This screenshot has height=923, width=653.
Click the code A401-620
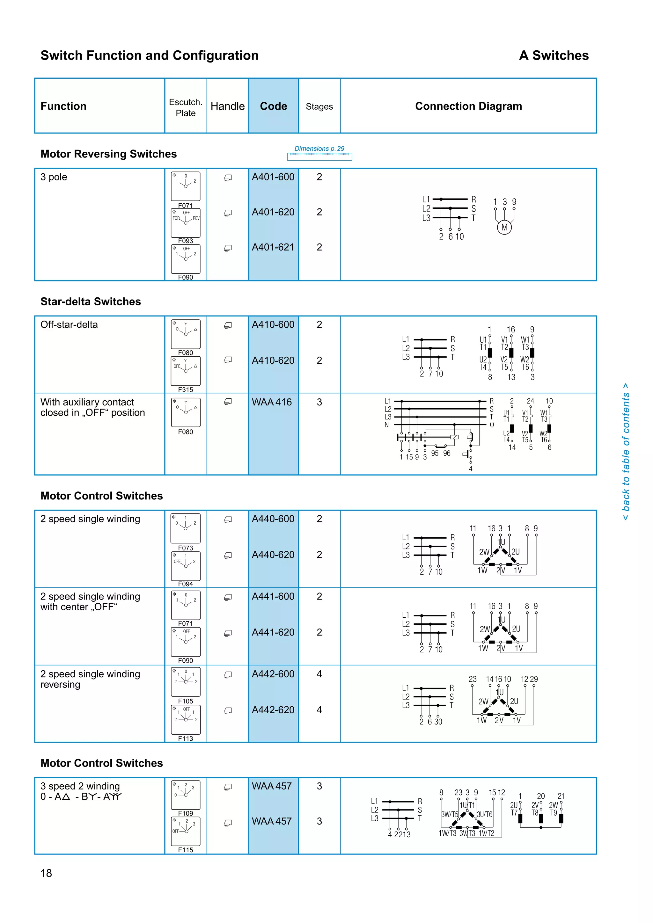[x=273, y=212]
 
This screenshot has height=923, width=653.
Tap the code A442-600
[x=273, y=674]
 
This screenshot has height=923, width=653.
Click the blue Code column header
[x=274, y=106]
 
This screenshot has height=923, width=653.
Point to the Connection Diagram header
[x=468, y=106]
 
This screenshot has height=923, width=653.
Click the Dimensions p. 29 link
[x=319, y=149]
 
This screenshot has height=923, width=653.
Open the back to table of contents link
[x=626, y=452]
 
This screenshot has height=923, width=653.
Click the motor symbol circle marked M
[x=504, y=228]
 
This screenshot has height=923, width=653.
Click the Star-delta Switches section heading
[x=91, y=302]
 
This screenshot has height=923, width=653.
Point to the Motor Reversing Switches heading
[x=108, y=154]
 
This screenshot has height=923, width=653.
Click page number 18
[x=46, y=873]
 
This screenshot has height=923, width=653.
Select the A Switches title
[x=554, y=55]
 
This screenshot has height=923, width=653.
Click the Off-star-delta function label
[x=69, y=325]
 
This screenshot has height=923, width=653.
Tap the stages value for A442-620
[x=319, y=710]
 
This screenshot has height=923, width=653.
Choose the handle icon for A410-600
[x=228, y=325]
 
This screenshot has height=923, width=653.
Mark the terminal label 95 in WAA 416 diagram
[x=435, y=454]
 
